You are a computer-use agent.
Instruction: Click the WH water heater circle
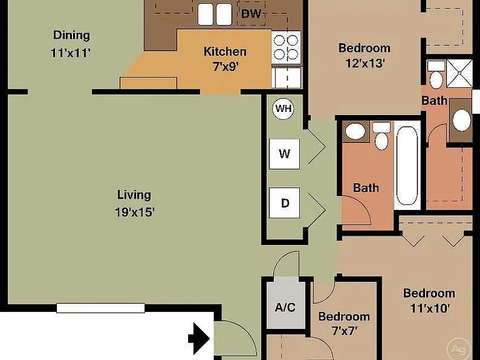tap(283, 108)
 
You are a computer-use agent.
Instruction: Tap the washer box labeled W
tap(284, 154)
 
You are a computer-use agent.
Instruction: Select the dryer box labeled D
tap(284, 202)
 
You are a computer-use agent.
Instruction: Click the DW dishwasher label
tap(251, 14)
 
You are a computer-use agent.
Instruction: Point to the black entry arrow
tap(199, 339)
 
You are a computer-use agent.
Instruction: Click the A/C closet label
tap(285, 307)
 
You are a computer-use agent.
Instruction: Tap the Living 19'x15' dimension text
tap(135, 212)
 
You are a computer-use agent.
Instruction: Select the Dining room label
tap(71, 35)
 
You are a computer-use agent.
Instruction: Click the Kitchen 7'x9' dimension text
tap(225, 66)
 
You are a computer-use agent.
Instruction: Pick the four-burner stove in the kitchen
tap(286, 47)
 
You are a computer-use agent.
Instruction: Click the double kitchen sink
tap(214, 14)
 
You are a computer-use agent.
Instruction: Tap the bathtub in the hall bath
tap(407, 165)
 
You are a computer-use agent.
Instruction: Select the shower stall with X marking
tap(459, 74)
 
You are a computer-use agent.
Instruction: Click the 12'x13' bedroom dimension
tap(365, 63)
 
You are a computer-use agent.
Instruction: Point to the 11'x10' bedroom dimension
tap(430, 308)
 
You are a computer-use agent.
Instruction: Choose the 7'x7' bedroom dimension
tap(344, 331)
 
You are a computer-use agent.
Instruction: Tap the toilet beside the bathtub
tap(381, 136)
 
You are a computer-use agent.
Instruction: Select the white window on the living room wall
tap(101, 308)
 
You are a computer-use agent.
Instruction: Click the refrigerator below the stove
tap(287, 77)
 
